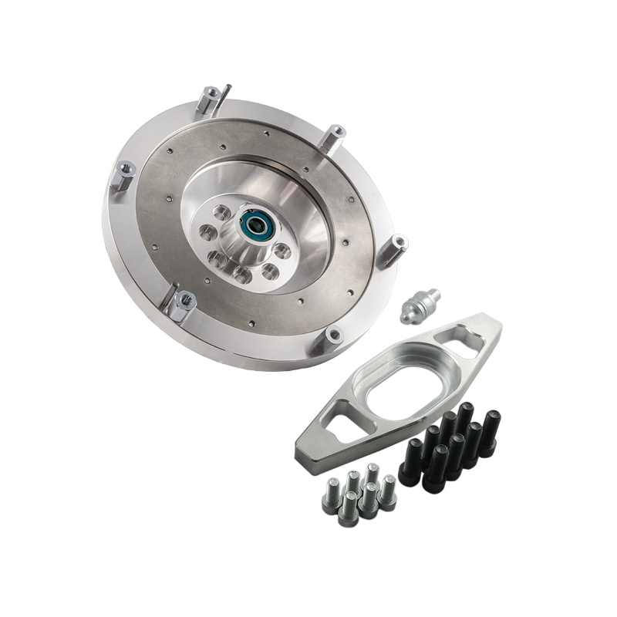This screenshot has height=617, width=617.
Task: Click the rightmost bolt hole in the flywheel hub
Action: pyautogui.click(x=282, y=251)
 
